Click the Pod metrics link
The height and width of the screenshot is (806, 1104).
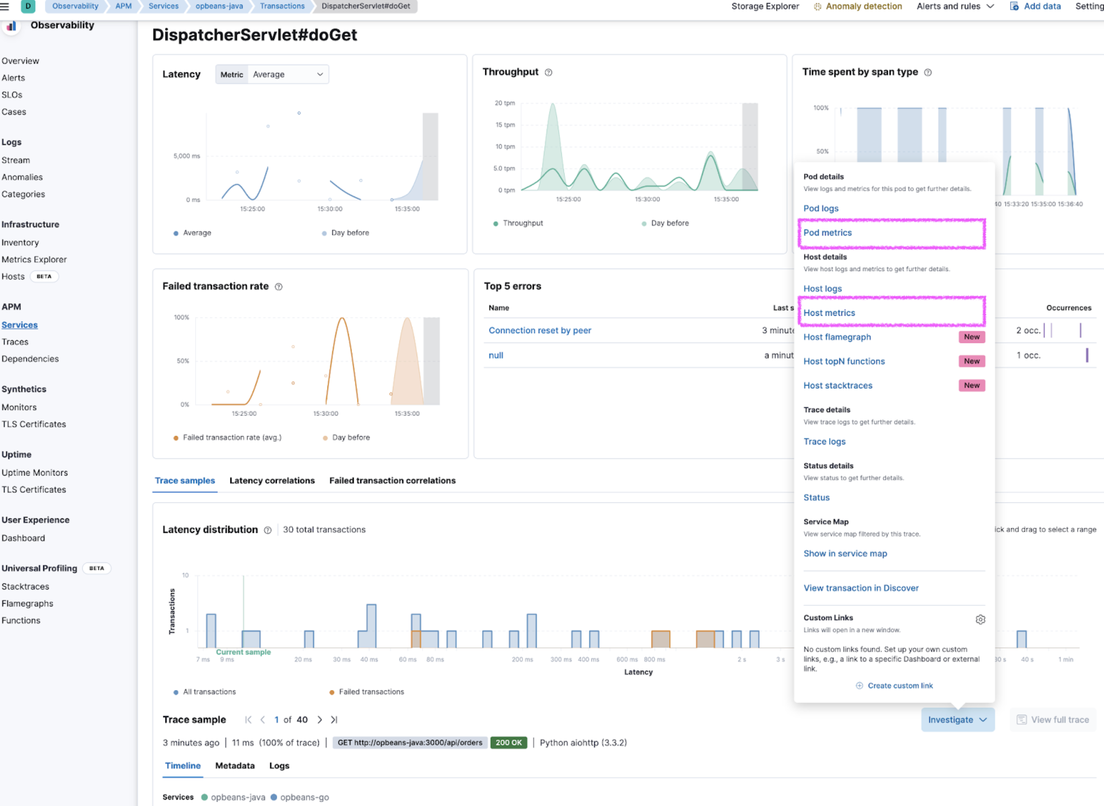point(827,233)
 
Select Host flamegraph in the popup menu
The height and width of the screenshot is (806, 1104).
point(837,337)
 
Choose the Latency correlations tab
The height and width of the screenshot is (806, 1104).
point(272,480)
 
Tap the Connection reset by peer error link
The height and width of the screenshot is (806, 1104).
point(539,330)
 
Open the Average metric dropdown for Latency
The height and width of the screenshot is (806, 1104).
point(287,75)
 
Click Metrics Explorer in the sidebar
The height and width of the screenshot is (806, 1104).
point(34,260)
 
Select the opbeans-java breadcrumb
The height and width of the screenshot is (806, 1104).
point(219,6)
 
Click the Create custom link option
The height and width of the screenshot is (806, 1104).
point(899,686)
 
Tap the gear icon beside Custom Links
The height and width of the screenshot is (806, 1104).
point(980,620)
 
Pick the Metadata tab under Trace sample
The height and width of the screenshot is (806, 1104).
point(235,766)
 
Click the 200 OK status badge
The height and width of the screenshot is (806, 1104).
point(508,742)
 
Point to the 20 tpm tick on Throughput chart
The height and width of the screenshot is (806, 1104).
point(505,103)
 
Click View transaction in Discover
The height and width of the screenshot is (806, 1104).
point(860,588)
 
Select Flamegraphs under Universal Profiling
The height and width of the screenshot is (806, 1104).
point(27,604)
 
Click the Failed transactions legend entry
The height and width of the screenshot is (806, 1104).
point(371,692)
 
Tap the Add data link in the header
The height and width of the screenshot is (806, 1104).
point(1042,6)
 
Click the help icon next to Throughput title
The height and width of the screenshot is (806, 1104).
point(548,72)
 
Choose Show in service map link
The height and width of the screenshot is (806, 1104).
point(845,553)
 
